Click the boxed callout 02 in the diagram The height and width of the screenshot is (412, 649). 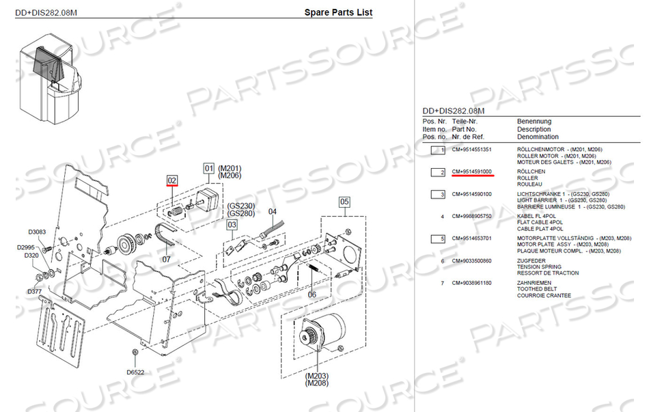[x=172, y=180]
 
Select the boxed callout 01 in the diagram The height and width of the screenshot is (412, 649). [x=208, y=168]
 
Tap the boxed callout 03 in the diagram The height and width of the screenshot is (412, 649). [x=232, y=224]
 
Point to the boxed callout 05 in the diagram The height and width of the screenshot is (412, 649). [x=344, y=202]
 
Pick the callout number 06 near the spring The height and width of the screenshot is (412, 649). [x=312, y=294]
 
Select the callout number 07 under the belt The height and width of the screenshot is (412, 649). [x=166, y=260]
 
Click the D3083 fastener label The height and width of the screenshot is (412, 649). [x=37, y=232]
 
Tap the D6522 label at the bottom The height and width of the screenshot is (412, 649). [x=135, y=372]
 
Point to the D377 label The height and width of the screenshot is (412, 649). [x=34, y=291]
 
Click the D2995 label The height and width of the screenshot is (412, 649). [x=26, y=247]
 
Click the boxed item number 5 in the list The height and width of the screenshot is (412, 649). [x=437, y=238]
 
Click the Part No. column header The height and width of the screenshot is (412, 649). [x=464, y=129]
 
